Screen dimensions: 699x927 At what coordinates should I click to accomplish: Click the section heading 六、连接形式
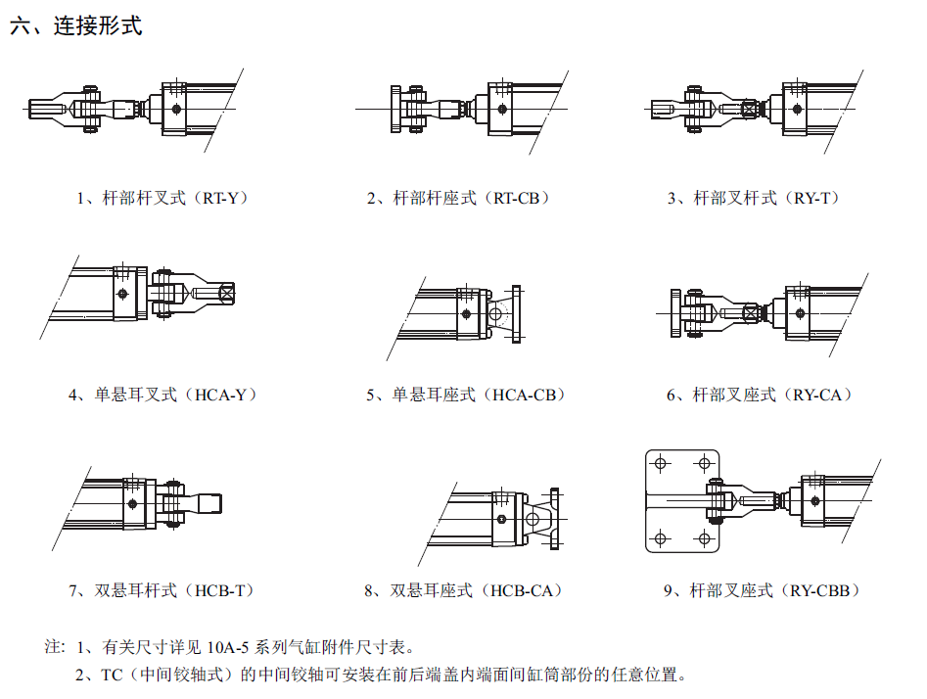click(75, 26)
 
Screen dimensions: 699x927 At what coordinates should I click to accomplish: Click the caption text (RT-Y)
click(224, 198)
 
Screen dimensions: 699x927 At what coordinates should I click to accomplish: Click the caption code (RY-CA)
click(819, 395)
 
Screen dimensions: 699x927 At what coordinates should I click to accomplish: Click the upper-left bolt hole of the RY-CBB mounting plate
click(662, 463)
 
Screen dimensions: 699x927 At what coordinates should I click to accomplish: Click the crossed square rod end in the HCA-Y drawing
click(227, 292)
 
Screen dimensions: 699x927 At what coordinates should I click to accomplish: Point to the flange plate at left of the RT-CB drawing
click(394, 109)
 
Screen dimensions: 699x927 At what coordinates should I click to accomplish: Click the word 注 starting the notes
click(54, 647)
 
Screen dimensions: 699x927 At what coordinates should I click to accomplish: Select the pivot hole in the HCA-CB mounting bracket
click(496, 314)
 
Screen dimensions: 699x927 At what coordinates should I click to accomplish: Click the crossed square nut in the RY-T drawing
click(751, 109)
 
